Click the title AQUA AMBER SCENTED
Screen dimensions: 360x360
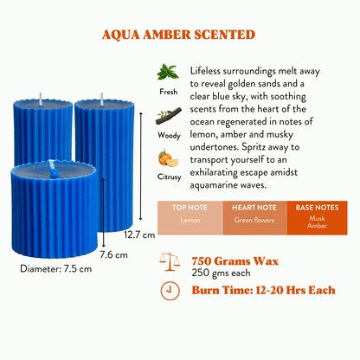[x=178, y=35]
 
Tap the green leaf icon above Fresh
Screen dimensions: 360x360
[x=168, y=72]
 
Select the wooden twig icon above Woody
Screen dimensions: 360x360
[x=169, y=116]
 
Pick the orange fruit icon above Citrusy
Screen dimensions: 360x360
[x=168, y=158]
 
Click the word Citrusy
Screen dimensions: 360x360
[x=169, y=177]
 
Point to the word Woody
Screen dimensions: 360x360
[x=169, y=135]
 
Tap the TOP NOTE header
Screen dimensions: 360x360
[x=190, y=208]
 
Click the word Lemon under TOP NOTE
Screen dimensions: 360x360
[x=190, y=220]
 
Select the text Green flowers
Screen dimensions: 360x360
[x=254, y=220]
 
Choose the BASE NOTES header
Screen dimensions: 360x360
[x=317, y=208]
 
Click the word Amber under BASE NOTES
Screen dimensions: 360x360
[x=317, y=226]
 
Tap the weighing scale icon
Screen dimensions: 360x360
[x=170, y=261]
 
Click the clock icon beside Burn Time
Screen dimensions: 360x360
[x=170, y=291]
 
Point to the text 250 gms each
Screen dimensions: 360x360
[x=221, y=273]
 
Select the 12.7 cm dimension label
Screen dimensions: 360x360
[x=139, y=235]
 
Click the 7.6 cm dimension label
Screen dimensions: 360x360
[x=113, y=255]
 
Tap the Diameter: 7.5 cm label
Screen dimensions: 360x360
[x=56, y=269]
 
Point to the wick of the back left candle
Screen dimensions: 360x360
[x=41, y=99]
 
